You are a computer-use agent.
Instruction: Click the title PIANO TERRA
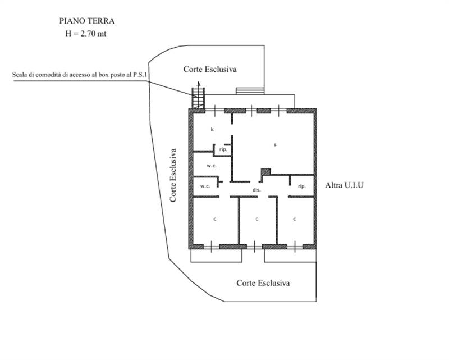pyautogui.click(x=87, y=21)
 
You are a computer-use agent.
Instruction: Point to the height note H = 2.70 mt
pyautogui.click(x=87, y=34)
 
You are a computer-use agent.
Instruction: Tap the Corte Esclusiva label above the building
pyautogui.click(x=210, y=69)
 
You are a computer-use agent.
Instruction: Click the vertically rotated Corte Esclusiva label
pyautogui.click(x=174, y=175)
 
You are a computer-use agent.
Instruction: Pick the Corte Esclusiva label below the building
pyautogui.click(x=263, y=283)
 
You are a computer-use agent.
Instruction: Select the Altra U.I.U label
pyautogui.click(x=345, y=185)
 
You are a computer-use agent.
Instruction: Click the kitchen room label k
pyautogui.click(x=212, y=130)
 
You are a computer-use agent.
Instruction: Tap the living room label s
pyautogui.click(x=274, y=145)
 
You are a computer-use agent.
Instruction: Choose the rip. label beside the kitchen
pyautogui.click(x=223, y=150)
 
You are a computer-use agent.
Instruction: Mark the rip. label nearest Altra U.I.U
pyautogui.click(x=302, y=186)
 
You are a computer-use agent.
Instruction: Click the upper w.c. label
pyautogui.click(x=211, y=166)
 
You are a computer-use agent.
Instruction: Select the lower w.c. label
pyautogui.click(x=205, y=186)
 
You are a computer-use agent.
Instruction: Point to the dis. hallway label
pyautogui.click(x=256, y=190)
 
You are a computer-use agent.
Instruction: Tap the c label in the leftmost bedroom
pyautogui.click(x=214, y=218)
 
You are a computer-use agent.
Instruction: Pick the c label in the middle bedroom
pyautogui.click(x=256, y=218)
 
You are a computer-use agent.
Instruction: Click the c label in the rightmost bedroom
pyautogui.click(x=295, y=218)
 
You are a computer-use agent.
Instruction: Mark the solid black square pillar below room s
pyautogui.click(x=266, y=172)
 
